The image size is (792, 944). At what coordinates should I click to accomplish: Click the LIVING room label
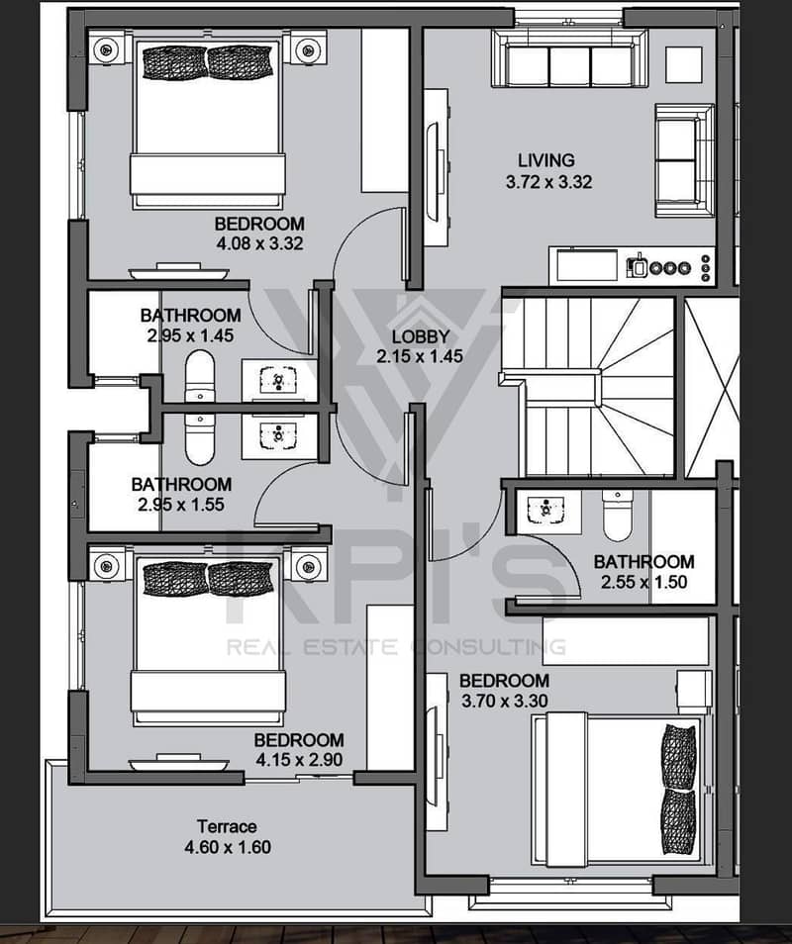546,160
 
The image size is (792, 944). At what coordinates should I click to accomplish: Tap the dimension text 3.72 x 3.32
548,182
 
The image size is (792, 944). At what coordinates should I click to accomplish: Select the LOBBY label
421,336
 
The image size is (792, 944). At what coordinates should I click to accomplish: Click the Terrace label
227,826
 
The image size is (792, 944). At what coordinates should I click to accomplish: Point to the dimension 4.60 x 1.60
228,847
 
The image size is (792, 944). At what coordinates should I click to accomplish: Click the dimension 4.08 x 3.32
259,243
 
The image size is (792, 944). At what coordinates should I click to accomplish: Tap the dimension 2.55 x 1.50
643,582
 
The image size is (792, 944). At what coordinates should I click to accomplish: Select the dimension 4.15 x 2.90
299,760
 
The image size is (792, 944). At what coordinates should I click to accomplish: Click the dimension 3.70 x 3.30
505,701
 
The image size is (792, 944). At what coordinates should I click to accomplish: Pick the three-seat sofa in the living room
569,58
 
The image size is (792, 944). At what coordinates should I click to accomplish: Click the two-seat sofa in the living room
685,160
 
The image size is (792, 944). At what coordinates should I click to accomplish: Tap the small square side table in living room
683,64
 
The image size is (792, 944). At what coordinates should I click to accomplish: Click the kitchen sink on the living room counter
587,265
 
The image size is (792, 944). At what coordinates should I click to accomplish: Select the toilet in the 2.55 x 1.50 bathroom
618,516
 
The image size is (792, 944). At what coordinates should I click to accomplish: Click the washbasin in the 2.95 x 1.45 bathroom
277,381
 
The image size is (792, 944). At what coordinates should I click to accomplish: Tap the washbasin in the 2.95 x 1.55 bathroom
277,435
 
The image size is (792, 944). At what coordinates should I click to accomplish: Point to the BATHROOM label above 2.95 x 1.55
181,484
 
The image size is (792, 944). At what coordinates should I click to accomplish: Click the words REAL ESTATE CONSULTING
396,647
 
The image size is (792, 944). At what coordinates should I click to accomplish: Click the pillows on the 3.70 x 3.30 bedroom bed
678,789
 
